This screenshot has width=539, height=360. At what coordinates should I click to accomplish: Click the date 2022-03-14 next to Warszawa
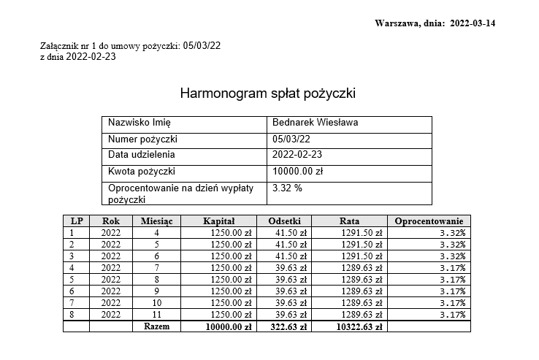coord(473,23)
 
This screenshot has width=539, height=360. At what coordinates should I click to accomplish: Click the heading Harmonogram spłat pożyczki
coord(267,94)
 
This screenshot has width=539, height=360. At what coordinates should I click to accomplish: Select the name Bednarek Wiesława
coord(315,123)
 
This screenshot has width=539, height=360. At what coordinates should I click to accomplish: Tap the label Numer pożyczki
coord(143,139)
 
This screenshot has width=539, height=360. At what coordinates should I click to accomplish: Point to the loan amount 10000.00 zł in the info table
coord(297,172)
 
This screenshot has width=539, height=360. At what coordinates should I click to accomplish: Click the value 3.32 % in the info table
coord(287,188)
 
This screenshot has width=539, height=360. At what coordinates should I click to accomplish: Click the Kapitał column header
coord(218,221)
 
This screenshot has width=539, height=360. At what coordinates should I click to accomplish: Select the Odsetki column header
coord(285,221)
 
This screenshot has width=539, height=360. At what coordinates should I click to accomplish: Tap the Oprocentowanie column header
coord(429,221)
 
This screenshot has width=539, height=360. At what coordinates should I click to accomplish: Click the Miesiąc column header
coord(156,221)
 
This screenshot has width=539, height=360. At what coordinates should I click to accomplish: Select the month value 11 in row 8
coord(156,315)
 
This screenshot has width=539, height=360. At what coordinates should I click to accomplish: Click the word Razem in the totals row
coord(156,327)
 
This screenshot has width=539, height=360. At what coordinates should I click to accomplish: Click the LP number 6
coord(72,291)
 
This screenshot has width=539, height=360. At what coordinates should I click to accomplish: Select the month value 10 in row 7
coord(156,303)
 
